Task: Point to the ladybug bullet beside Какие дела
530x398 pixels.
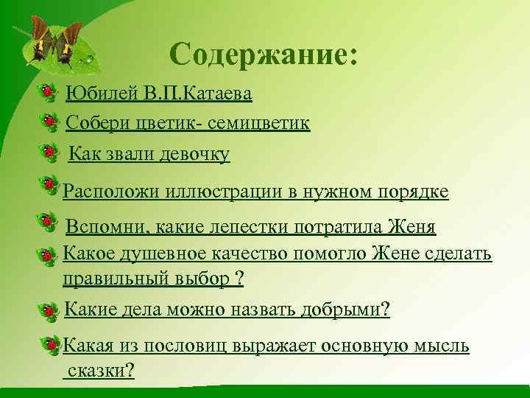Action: pyautogui.click(x=49, y=311)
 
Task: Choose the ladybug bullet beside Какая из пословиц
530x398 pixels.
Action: pyautogui.click(x=51, y=344)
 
